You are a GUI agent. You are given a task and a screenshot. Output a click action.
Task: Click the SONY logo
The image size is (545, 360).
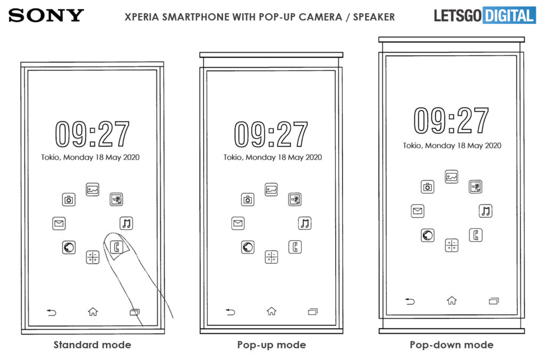pyautogui.click(x=46, y=15)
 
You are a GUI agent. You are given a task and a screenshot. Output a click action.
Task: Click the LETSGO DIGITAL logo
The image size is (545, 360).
pyautogui.click(x=485, y=15)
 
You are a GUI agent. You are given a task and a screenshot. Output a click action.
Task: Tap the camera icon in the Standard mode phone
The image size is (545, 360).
pyautogui.click(x=69, y=200)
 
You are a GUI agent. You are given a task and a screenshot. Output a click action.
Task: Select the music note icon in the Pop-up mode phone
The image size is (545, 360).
pyautogui.click(x=305, y=223)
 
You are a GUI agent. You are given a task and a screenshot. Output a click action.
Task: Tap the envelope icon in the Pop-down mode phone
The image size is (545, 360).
pyautogui.click(x=417, y=211)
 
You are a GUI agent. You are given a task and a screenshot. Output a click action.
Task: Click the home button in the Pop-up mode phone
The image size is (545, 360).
pyautogui.click(x=271, y=311)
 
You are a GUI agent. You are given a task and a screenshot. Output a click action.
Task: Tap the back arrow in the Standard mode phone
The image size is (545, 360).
pyautogui.click(x=52, y=313)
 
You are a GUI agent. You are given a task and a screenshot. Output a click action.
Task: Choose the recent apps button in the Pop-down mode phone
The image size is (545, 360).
pyautogui.click(x=493, y=301)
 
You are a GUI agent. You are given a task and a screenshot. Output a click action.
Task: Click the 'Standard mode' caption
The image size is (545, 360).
pyautogui.click(x=93, y=345)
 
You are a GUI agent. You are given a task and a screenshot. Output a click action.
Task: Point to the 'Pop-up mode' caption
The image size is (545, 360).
pyautogui.click(x=271, y=345)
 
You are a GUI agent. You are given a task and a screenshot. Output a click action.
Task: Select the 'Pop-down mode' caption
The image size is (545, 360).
pyautogui.click(x=451, y=345)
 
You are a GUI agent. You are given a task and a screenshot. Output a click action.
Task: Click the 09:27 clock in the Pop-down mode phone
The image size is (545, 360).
pyautogui.click(x=451, y=120)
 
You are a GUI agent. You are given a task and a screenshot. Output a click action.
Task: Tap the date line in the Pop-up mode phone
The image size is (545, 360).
pyautogui.click(x=272, y=157)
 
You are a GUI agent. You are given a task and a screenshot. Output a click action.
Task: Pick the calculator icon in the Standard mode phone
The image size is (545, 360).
pyautogui.click(x=93, y=257)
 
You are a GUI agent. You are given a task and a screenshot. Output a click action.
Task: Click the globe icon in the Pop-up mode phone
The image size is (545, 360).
pyautogui.click(x=248, y=247)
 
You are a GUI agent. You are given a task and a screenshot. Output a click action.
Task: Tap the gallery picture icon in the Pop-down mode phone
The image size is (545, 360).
pyautogui.click(x=451, y=177)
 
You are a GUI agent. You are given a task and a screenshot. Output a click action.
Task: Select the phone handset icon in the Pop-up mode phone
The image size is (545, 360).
pyautogui.click(x=295, y=247)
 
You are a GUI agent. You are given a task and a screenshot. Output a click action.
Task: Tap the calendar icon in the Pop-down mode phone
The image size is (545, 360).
pyautogui.click(x=475, y=187)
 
